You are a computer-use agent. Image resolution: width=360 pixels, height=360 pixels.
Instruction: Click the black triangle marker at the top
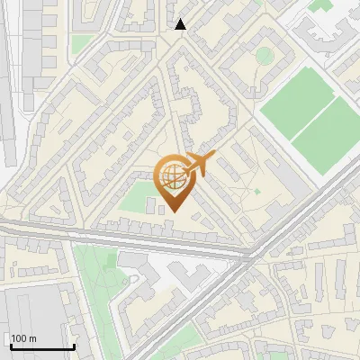point(181,24)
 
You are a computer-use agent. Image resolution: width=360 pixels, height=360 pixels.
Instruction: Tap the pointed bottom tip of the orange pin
point(174,211)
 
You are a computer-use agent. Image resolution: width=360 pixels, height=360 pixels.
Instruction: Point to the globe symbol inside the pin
point(171,175)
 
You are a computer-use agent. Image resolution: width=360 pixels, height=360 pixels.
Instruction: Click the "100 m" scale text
point(24,337)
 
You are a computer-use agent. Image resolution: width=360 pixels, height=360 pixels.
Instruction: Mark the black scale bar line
point(41,346)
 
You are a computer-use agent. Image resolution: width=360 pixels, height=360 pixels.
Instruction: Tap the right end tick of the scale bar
point(74,344)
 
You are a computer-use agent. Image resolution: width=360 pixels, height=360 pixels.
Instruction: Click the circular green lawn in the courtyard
point(264,56)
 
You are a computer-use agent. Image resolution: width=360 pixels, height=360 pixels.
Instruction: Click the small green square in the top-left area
point(81,43)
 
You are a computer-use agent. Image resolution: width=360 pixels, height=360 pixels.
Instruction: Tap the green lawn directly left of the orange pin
point(136,198)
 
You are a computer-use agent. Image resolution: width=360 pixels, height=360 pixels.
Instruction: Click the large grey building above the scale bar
point(36,310)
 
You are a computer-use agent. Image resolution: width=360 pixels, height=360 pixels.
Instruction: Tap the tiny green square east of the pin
point(256,191)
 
